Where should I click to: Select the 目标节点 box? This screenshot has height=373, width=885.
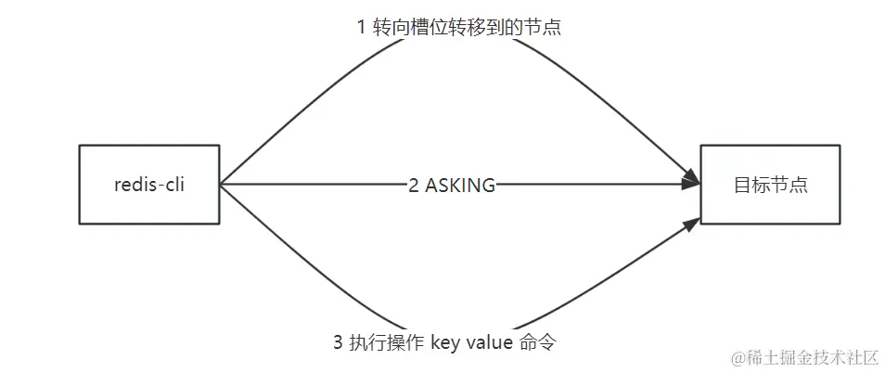(x=770, y=184)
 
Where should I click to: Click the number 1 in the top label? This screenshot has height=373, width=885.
(x=362, y=28)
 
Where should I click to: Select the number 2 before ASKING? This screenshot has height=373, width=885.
(x=414, y=185)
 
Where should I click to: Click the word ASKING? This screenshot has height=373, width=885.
(x=460, y=185)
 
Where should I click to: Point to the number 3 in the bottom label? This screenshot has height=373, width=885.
(x=338, y=342)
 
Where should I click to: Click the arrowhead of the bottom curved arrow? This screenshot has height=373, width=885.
(x=691, y=225)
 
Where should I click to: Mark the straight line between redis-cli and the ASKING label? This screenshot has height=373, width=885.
(x=315, y=184)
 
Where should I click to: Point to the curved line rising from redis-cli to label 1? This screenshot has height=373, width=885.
(x=278, y=111)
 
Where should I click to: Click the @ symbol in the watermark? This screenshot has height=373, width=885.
(x=738, y=357)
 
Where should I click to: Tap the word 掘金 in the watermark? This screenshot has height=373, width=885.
(x=797, y=357)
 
